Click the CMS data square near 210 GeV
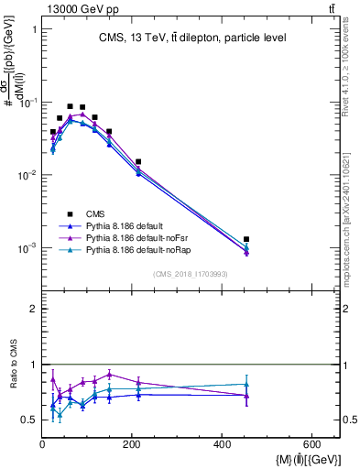(138, 161)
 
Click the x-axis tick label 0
(42, 445)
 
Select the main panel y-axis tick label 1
(34, 29)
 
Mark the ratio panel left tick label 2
(34, 309)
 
